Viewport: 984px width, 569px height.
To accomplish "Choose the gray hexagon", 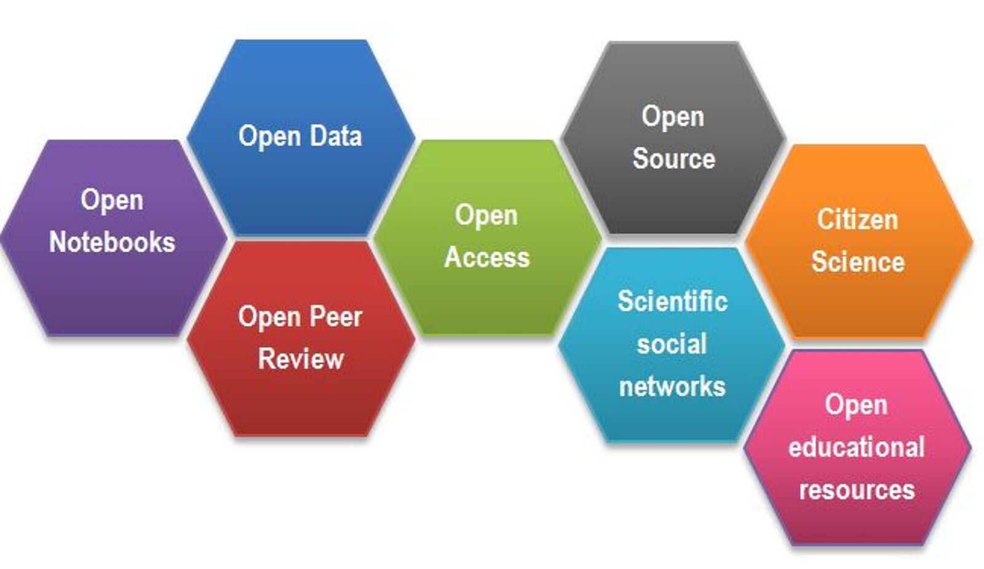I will coord(673,197).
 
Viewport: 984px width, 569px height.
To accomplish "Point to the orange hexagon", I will coord(859,301).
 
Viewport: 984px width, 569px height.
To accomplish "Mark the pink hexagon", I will coord(857,523).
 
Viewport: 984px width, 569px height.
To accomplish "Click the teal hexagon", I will coord(672,418).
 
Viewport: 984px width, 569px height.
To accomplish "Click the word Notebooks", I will coord(112,242).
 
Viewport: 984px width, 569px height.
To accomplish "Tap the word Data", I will coord(335,136).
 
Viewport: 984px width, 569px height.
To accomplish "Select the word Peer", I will coord(335,317).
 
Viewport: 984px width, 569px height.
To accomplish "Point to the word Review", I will coord(301,359).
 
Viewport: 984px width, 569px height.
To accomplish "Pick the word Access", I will coord(487,257).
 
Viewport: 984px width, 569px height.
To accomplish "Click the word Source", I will coord(674,158).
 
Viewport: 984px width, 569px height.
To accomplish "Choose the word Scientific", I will coord(672,301).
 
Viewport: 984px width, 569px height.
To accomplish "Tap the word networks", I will coord(672,386).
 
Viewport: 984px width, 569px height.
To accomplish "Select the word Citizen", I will coord(857,220).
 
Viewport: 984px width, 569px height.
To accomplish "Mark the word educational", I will coord(857,447).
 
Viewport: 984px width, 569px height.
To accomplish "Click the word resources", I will coord(857,490).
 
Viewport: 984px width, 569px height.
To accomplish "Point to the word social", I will coord(672,344).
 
